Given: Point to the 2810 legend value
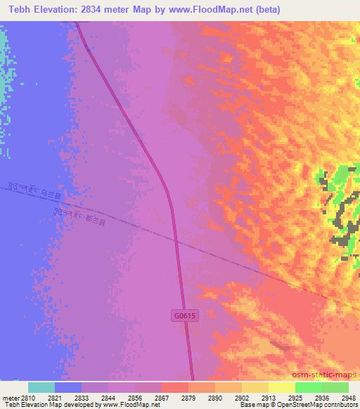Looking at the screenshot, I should pos(28,397).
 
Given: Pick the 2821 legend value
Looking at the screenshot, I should pos(55,397).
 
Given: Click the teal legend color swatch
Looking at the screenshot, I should pos(41,387).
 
